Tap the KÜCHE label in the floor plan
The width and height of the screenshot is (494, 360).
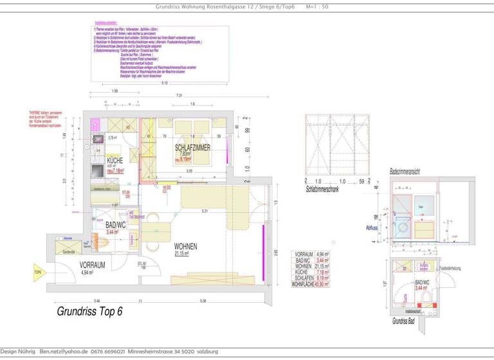pos(114,161)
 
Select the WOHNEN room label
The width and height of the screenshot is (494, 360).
pos(185,246)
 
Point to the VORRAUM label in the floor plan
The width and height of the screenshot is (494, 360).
pos(93,264)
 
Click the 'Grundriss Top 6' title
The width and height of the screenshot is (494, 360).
pos(89,312)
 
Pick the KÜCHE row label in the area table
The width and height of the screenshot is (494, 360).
pos(300,271)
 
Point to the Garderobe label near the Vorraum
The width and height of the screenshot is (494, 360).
pos(68,252)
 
